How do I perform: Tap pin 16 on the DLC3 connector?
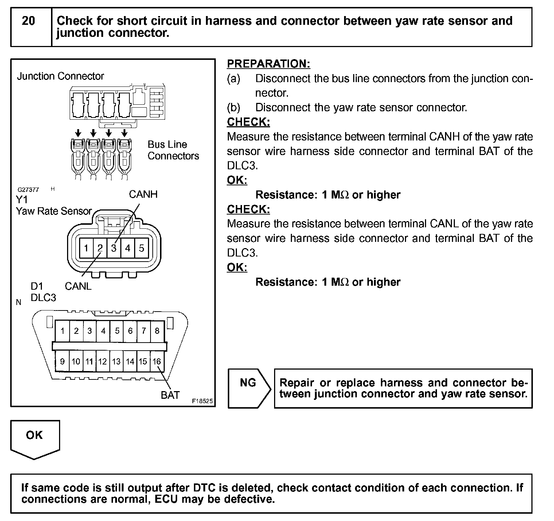coord(157,361)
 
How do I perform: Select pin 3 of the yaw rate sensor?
coord(114,248)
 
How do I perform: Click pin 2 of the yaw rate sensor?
coord(100,248)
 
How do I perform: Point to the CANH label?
coord(143,194)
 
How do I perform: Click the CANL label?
coord(78,286)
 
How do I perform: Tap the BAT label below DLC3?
coord(170,395)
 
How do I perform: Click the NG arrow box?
coord(249,388)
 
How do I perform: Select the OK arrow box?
coord(35,438)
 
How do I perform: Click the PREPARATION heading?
coord(268,64)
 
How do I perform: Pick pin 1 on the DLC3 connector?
coord(62,331)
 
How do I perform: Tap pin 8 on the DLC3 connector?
coord(157,331)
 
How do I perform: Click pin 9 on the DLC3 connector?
coord(62,361)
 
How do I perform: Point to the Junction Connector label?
coord(61,76)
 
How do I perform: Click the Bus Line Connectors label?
coord(173,150)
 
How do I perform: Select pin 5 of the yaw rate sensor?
coord(141,248)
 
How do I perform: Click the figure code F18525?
coord(202,401)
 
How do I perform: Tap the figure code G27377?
coord(28,190)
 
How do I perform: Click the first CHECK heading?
coord(248,122)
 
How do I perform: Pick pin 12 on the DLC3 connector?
coord(103,361)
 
